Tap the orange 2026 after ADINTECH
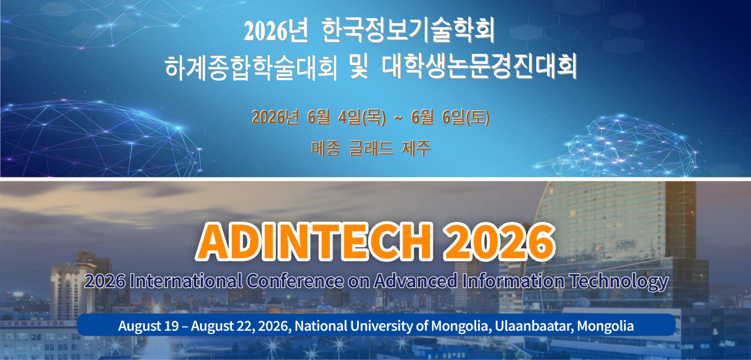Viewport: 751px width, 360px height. coord(500,242)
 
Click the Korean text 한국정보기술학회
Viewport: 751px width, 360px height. coord(408,31)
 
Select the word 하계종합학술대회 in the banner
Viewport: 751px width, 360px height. coord(251,66)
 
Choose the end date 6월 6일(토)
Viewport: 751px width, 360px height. coord(450,117)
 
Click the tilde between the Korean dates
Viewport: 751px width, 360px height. coord(398,118)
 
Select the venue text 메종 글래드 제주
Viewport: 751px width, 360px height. coord(371,148)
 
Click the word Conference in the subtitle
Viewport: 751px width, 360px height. coord(296,280)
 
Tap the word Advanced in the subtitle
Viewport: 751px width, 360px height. coord(415,280)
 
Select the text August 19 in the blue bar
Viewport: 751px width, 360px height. coord(148,326)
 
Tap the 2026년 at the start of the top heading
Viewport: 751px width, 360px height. coord(276,31)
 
